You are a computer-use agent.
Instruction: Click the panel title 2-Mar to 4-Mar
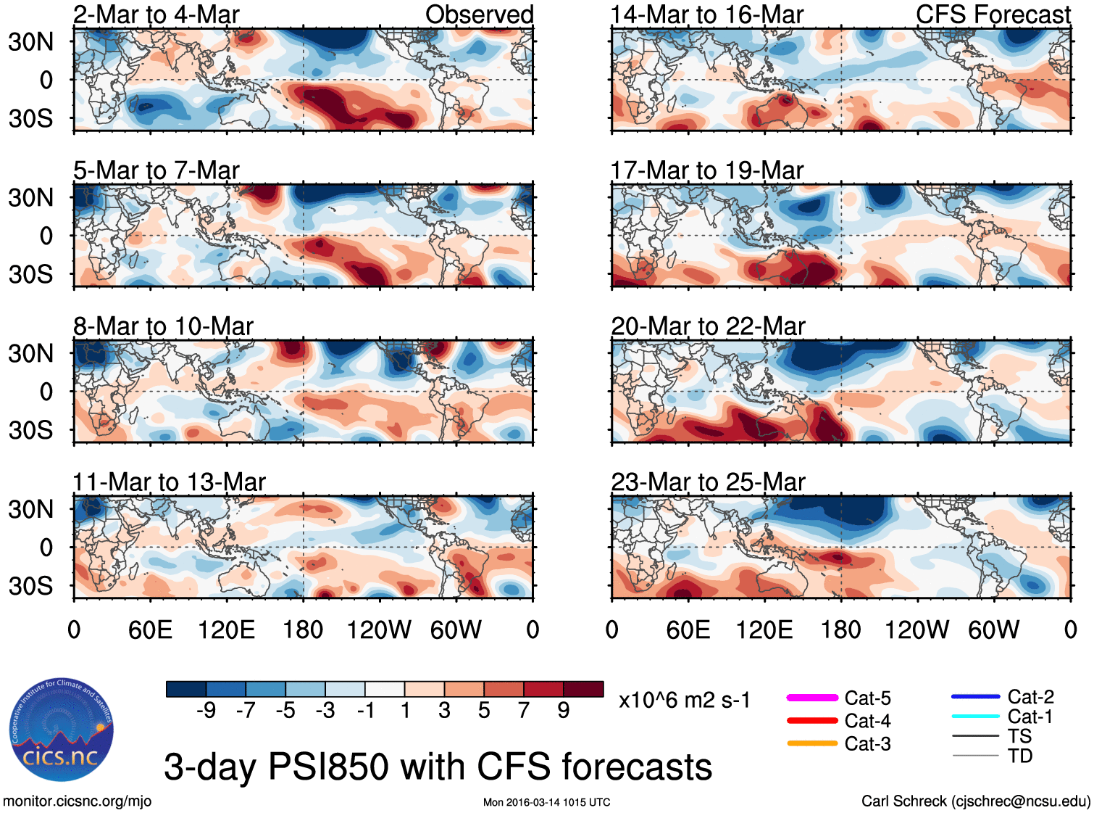point(156,15)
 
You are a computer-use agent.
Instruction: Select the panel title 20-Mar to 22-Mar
point(708,326)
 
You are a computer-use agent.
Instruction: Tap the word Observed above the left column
point(479,15)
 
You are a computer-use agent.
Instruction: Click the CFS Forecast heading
point(993,15)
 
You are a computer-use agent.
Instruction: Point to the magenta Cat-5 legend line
point(812,698)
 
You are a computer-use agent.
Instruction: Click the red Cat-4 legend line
point(812,721)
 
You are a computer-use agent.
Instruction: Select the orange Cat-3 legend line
point(812,743)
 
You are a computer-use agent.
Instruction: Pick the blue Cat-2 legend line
point(975,697)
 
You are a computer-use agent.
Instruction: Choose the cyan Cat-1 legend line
point(975,717)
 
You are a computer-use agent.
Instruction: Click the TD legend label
point(1019,756)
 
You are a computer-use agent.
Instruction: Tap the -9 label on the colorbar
point(206,710)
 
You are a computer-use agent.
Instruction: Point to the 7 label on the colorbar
point(524,710)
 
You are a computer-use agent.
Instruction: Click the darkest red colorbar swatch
point(583,689)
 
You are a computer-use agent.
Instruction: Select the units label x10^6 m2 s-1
point(684,701)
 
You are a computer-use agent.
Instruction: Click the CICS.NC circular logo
point(62,730)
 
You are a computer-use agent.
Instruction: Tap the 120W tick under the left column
point(379,630)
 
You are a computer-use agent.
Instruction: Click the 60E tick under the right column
point(688,630)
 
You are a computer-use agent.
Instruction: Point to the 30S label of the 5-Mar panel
point(30,274)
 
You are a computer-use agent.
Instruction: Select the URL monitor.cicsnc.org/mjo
point(77,801)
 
